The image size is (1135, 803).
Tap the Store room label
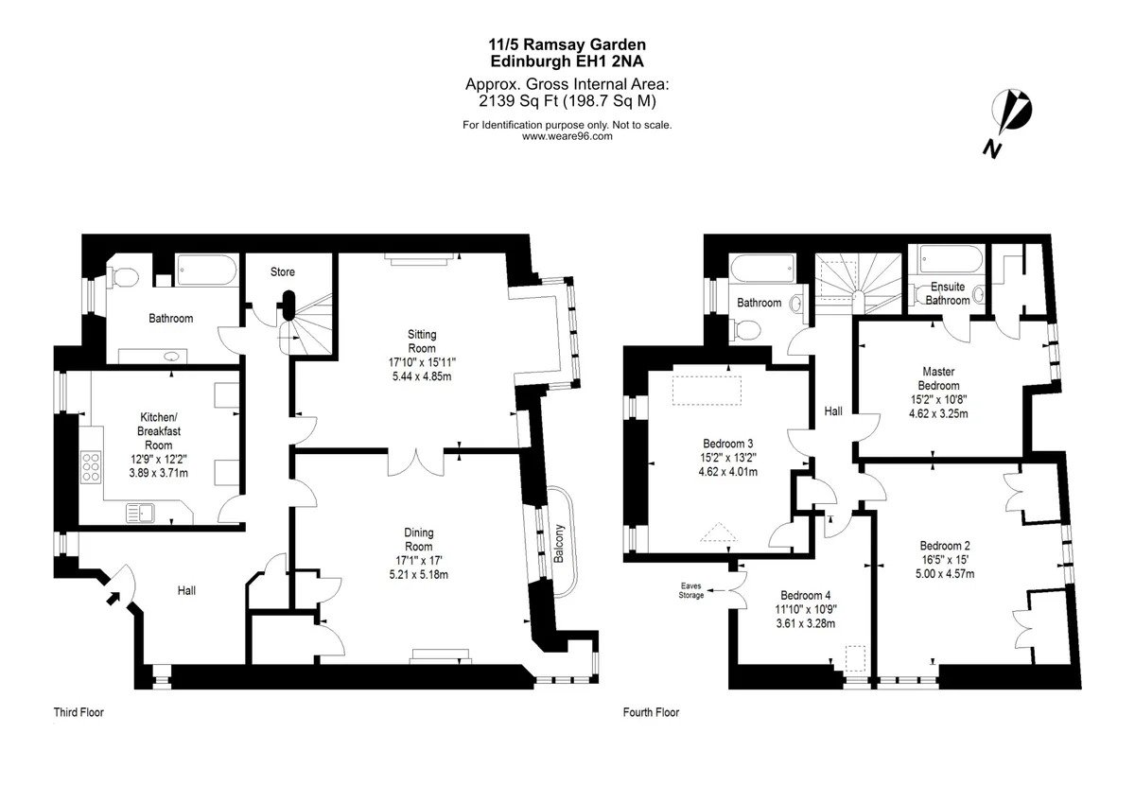click(x=282, y=272)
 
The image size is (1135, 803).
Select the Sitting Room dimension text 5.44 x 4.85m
click(x=422, y=376)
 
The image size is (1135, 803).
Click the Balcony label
click(x=558, y=544)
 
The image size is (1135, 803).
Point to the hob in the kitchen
click(x=91, y=466)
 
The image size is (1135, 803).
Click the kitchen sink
click(x=140, y=513)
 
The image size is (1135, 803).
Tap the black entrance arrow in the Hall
click(x=112, y=599)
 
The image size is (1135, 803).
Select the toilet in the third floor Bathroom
click(x=123, y=277)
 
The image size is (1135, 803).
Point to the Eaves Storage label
click(x=691, y=591)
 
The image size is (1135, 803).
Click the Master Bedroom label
click(x=938, y=378)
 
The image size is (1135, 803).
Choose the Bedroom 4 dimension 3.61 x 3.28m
click(x=806, y=623)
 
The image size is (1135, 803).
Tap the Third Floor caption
click(x=79, y=712)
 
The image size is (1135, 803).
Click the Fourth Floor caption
click(x=651, y=712)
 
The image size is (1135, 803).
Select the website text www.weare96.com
click(x=567, y=136)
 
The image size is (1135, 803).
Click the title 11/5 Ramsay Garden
click(x=567, y=44)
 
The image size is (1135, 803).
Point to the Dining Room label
click(x=418, y=539)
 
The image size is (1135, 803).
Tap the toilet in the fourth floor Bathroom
click(x=745, y=330)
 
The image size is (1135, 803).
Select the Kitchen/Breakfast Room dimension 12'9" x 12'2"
click(x=159, y=460)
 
